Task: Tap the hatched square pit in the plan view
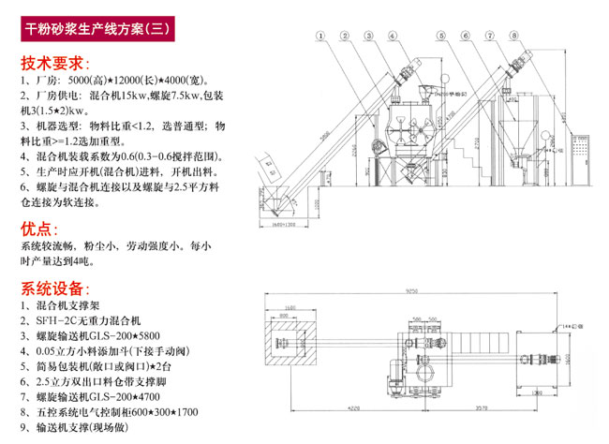coord(287,342)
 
